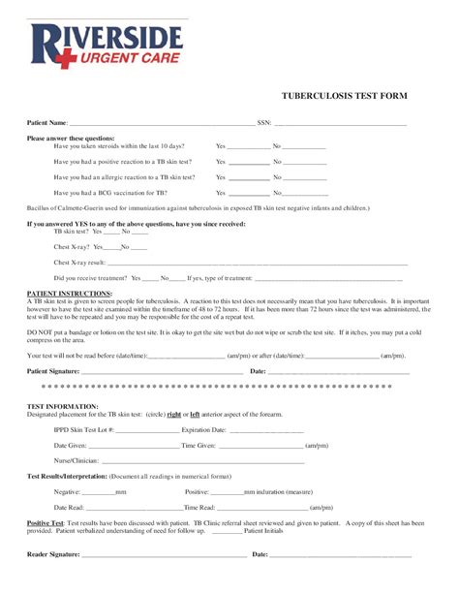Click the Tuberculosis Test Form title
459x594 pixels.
tap(344, 97)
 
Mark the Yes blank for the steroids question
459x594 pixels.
tap(249, 148)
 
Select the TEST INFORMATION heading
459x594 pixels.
tap(62, 406)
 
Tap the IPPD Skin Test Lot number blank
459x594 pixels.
tap(146, 431)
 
